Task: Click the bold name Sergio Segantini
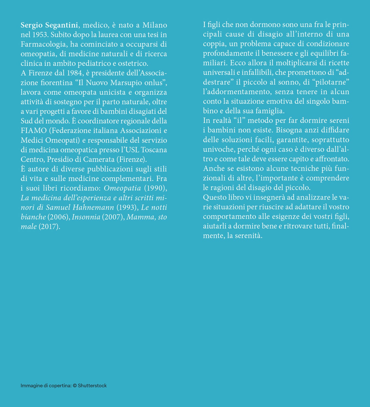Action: coord(49,25)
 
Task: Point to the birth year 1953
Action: coord(40,35)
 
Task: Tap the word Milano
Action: coord(155,25)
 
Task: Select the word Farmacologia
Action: coord(43,44)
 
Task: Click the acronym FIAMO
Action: coord(34,131)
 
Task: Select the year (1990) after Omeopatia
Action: coord(156,188)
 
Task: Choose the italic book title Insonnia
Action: coord(86,217)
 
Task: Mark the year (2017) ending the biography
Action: coord(49,227)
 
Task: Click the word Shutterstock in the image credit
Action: coord(92,386)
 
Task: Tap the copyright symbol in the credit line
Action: coord(75,386)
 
